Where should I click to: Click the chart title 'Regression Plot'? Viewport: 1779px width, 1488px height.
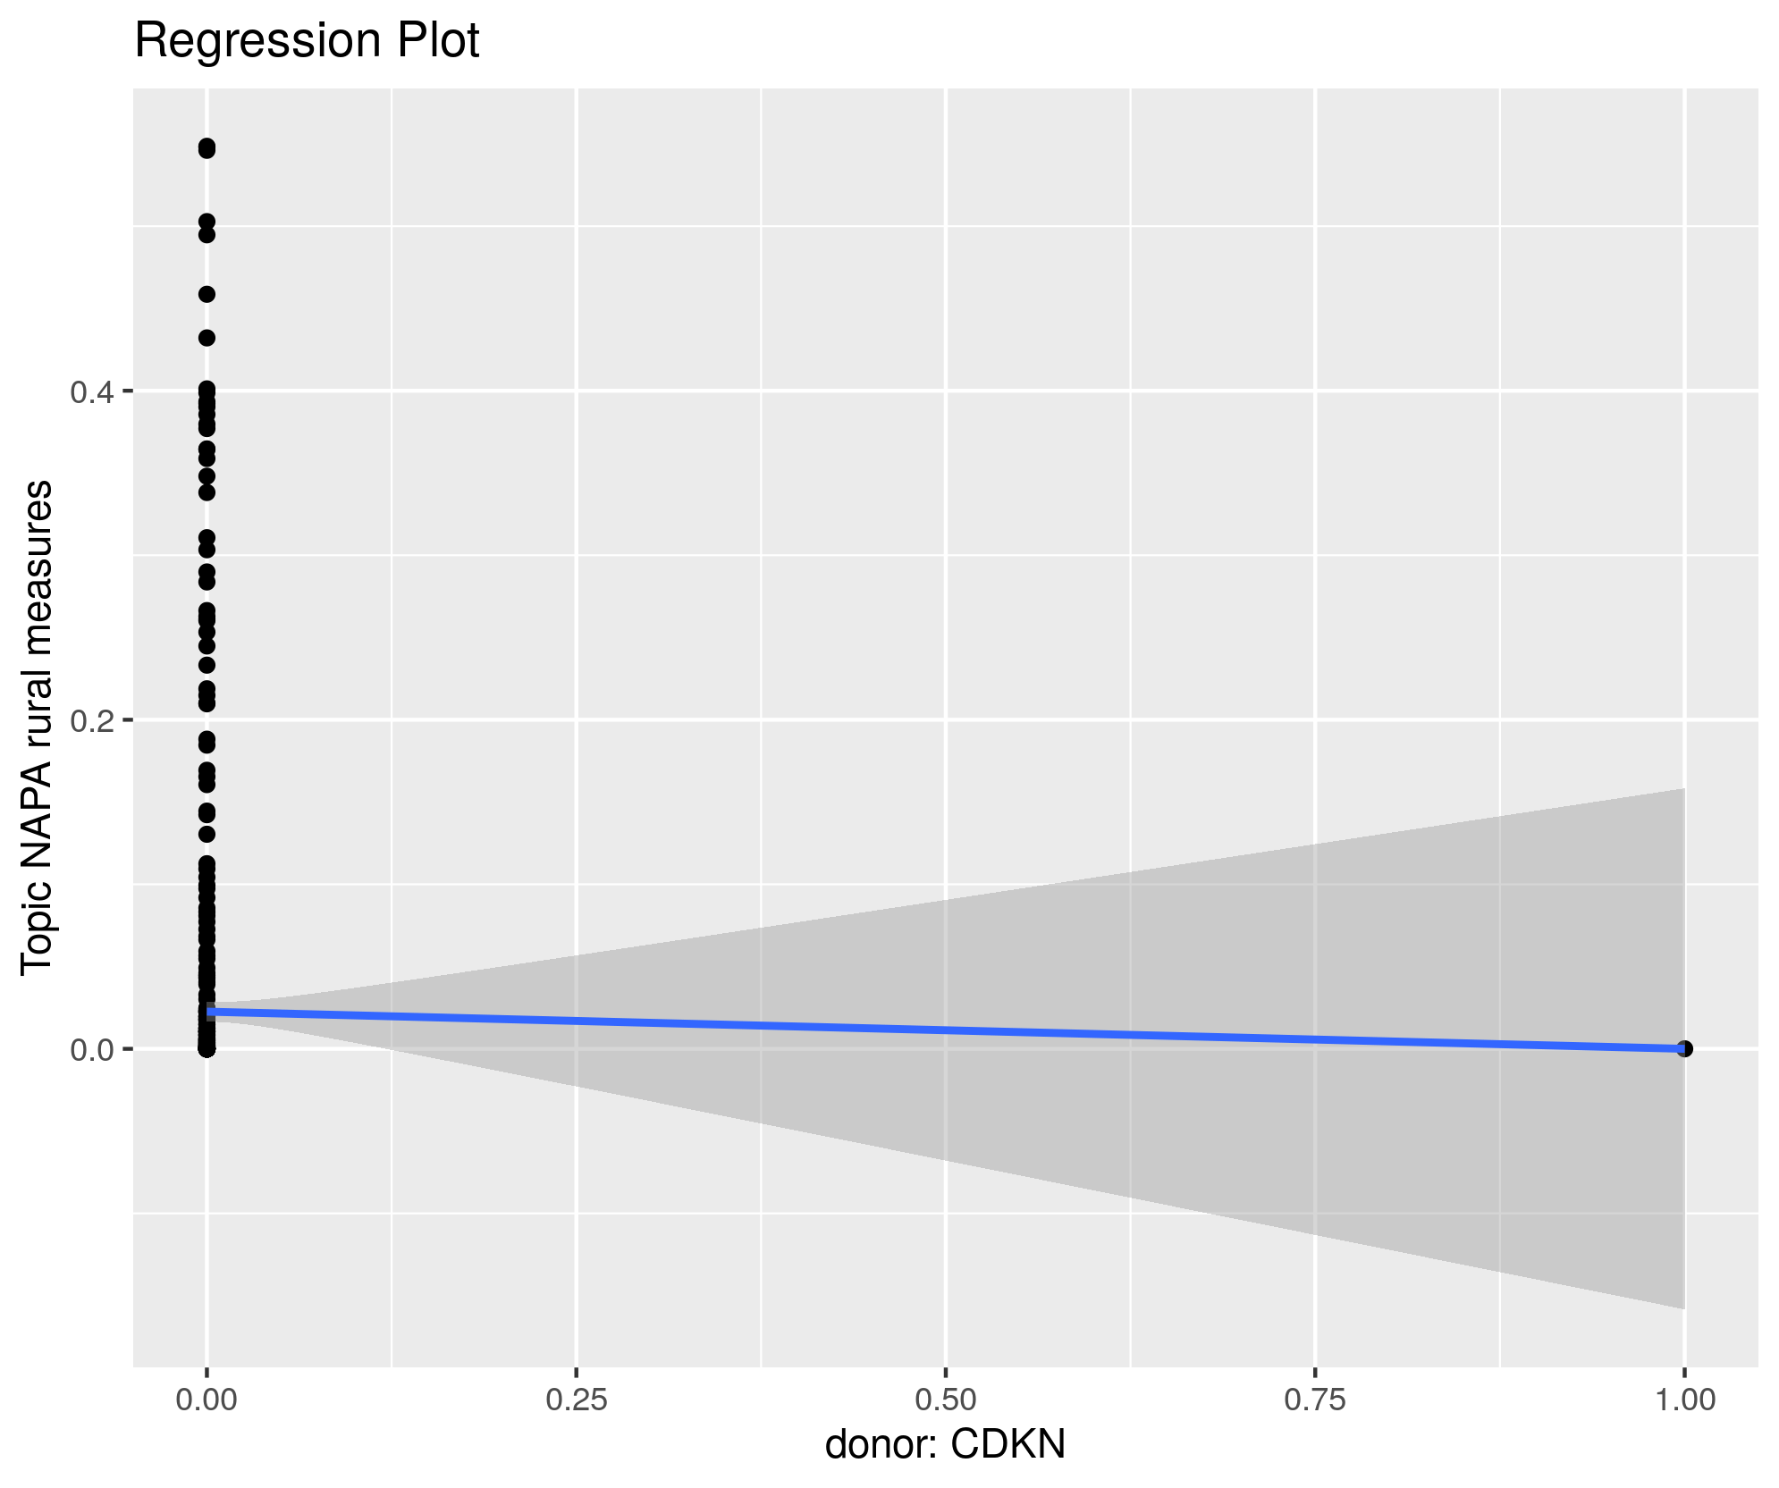(307, 41)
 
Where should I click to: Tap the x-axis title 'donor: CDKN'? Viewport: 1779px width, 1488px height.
(945, 1445)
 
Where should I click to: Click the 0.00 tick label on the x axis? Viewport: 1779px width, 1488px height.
(207, 1400)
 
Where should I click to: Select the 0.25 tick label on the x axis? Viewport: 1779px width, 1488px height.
(577, 1400)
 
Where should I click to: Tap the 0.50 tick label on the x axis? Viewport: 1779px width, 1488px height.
(946, 1400)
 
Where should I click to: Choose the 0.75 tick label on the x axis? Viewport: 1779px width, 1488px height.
(1315, 1400)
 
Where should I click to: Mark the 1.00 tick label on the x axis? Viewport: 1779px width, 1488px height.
(1684, 1400)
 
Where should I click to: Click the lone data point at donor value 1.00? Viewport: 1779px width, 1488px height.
(1684, 1048)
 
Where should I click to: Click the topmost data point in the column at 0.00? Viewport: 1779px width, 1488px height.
(207, 147)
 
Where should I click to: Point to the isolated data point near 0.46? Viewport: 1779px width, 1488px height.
(207, 294)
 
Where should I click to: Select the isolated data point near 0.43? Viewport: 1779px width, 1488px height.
(207, 338)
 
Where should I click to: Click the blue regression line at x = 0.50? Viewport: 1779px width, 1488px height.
(946, 1030)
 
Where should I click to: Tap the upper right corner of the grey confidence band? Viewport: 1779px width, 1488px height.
(1683, 790)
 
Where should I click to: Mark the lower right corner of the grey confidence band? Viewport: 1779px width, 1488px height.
(1683, 1307)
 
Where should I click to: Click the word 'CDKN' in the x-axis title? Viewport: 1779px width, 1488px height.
(1008, 1445)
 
